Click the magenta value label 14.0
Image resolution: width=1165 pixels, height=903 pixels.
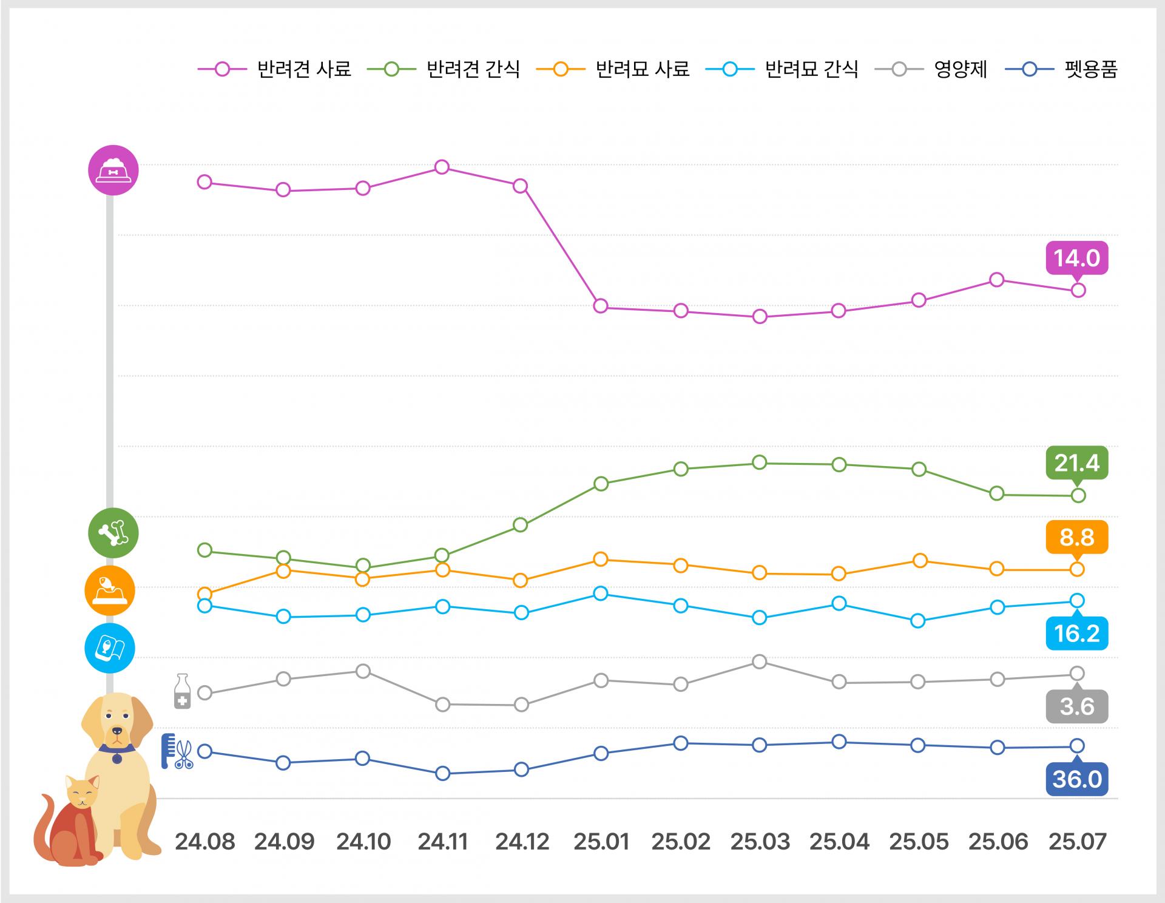[x=1076, y=258]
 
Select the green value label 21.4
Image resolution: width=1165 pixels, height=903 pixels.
[x=1076, y=463]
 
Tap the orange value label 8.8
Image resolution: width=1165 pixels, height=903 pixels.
[x=1076, y=537]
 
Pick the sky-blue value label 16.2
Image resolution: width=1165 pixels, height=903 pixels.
[x=1076, y=634]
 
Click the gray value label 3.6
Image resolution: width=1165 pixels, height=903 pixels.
[x=1076, y=707]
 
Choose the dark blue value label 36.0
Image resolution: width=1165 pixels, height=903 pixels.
[x=1076, y=779]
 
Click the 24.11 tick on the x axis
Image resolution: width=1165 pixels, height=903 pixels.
[x=443, y=842]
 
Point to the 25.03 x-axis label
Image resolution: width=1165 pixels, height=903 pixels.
[x=760, y=842]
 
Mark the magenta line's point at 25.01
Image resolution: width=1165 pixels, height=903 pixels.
[x=601, y=306]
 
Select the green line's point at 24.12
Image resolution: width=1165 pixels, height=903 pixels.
[x=521, y=525]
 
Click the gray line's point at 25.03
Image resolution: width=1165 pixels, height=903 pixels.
[x=759, y=661]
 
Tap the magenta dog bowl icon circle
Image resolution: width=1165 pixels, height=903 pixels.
[x=113, y=170]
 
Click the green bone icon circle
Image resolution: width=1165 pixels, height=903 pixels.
[x=113, y=533]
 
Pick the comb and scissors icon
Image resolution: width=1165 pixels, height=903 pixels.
[x=177, y=751]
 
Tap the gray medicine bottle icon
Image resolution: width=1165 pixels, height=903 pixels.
[x=182, y=691]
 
